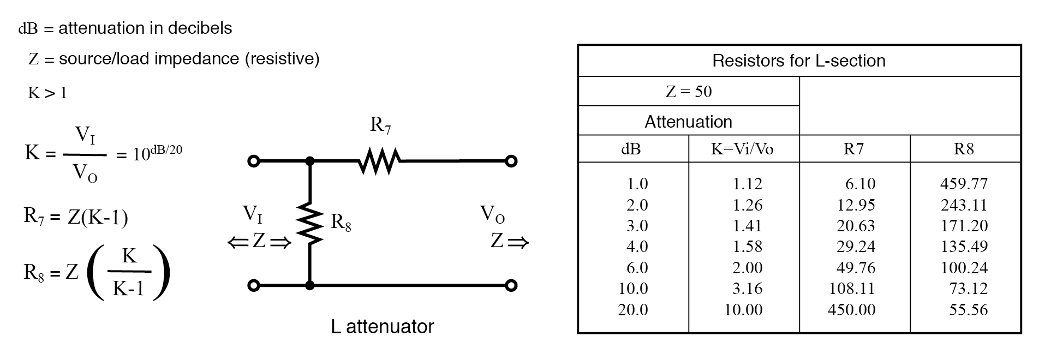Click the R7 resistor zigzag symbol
pyautogui.click(x=380, y=161)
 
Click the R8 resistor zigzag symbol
pyautogui.click(x=310, y=224)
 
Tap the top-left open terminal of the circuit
pyautogui.click(x=253, y=161)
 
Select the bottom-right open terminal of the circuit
pyautogui.click(x=511, y=285)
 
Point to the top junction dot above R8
pyautogui.click(x=310, y=161)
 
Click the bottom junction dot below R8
pyautogui.click(x=310, y=285)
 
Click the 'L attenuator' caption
pyautogui.click(x=382, y=327)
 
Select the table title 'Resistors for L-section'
pyautogui.click(x=798, y=61)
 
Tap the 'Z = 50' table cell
pyautogui.click(x=689, y=91)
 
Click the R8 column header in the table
pyautogui.click(x=964, y=149)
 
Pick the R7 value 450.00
pyautogui.click(x=851, y=310)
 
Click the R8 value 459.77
pyautogui.click(x=964, y=184)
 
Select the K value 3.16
pyautogui.click(x=747, y=289)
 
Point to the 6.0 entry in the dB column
pyautogui.click(x=637, y=268)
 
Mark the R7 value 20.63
pyautogui.click(x=855, y=226)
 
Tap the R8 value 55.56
pyautogui.click(x=968, y=310)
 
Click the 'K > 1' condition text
pyautogui.click(x=47, y=93)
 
